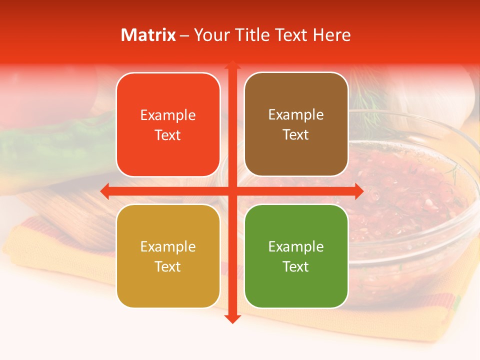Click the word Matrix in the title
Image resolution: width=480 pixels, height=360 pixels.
coord(148,35)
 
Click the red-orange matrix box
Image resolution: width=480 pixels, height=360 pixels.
coord(168,125)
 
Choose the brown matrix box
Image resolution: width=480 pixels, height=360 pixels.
coord(296,124)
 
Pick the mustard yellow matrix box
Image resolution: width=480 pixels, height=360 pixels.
coord(168,256)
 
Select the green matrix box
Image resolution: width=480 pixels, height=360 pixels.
coord(296,256)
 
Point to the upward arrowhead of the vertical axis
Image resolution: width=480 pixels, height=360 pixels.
coord(232,65)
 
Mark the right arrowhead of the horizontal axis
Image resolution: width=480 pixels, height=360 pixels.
coord(358,191)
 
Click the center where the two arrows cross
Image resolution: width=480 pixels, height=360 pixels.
coord(232,191)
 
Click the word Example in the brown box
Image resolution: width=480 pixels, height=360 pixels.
coord(296,115)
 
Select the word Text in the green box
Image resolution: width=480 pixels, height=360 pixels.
coord(296,266)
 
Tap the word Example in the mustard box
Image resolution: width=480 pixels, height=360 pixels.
coord(168,246)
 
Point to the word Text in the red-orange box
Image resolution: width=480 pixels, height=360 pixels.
coord(168,135)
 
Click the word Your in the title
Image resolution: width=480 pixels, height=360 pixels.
coord(209,35)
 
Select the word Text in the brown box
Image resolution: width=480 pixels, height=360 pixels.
coord(296,135)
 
